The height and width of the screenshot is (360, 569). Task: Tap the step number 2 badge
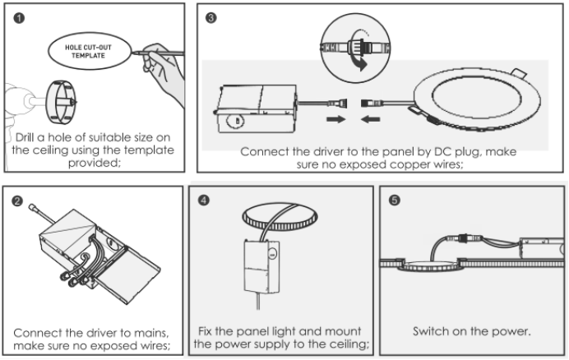click(x=16, y=200)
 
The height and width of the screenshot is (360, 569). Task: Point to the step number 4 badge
click(x=203, y=199)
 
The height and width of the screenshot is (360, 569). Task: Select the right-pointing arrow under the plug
click(x=336, y=120)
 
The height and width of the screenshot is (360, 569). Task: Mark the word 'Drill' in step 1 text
click(x=30, y=136)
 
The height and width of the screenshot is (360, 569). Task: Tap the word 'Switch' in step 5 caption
click(x=433, y=331)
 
